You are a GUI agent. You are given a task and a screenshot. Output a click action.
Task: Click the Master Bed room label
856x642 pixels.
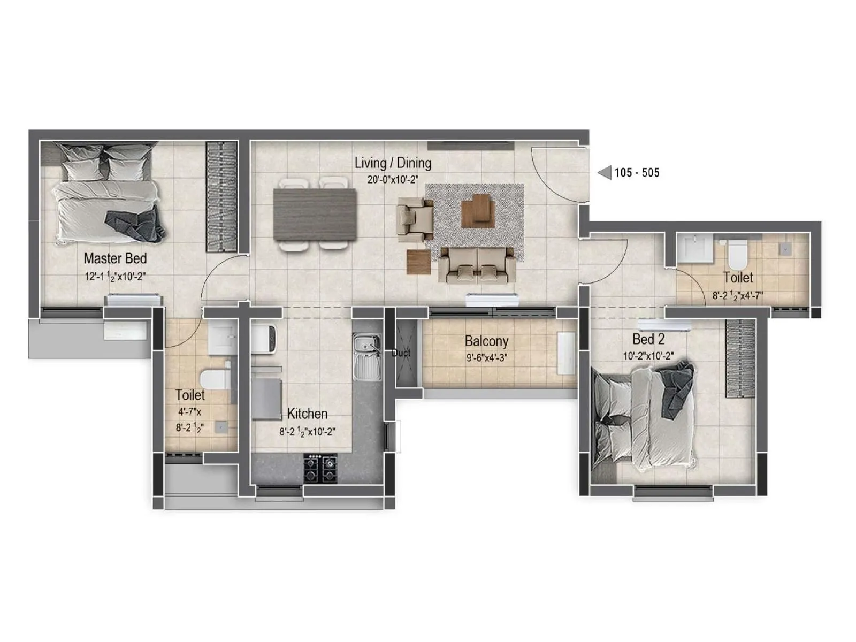115,258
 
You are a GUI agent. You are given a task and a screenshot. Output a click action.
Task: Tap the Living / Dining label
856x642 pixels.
393,163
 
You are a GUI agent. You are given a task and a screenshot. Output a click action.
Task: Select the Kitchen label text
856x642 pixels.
307,414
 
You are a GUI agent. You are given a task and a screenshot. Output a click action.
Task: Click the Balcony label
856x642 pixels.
486,341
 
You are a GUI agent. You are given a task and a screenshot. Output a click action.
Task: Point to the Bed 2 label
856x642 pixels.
648,339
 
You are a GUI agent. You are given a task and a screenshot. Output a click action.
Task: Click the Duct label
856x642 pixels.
401,353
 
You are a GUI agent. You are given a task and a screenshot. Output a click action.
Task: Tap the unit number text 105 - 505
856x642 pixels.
637,173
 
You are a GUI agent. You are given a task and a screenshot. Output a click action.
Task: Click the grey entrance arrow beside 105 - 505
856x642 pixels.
605,172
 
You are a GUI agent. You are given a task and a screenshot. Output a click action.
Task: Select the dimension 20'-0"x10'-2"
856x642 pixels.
393,180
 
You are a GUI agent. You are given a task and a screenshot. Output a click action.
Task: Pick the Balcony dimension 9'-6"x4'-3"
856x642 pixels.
486,358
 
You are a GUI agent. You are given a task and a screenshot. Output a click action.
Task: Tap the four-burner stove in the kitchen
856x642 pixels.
320,468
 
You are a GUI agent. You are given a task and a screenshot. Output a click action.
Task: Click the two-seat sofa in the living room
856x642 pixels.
477,264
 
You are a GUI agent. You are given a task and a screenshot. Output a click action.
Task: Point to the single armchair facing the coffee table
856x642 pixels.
415,216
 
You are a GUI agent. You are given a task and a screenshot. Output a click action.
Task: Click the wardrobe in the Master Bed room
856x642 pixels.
221,196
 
